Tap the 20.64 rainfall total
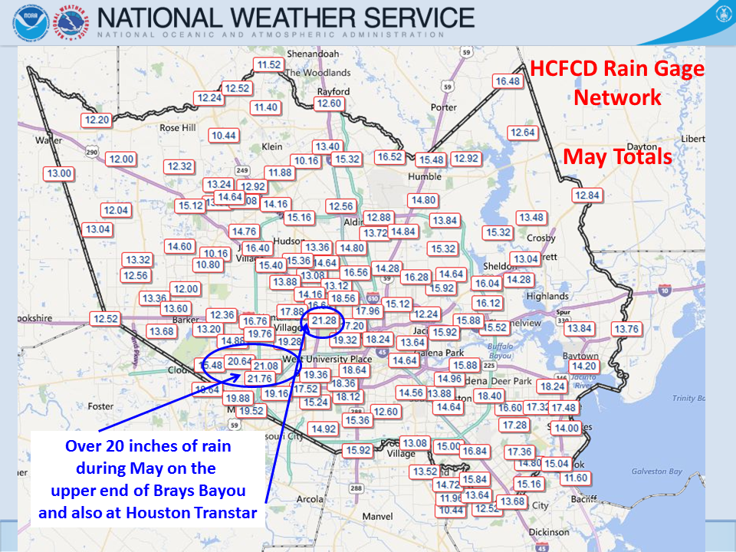pos(240,361)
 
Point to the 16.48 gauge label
pos(508,81)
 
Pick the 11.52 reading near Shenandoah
pos(269,65)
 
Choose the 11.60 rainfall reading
pos(575,478)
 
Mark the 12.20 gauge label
pos(97,120)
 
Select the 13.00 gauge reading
pos(59,174)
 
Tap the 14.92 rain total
pos(324,429)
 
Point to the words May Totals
pos(617,157)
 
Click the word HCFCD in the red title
pos(565,70)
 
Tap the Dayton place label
pos(642,146)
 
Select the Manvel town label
pos(377,517)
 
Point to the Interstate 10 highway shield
pos(665,290)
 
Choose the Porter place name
pos(444,107)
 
